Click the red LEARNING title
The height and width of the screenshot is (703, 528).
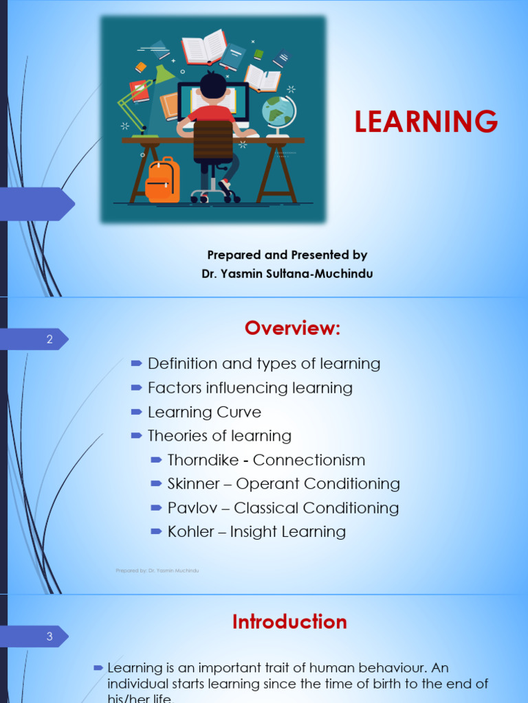pos(426,122)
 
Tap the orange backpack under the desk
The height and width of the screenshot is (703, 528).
pos(163,180)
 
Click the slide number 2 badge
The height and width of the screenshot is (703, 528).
pos(49,339)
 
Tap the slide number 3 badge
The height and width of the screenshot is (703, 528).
pos(49,636)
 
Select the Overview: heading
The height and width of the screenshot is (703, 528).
pos(292,329)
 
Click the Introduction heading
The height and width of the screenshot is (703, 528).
pos(289,622)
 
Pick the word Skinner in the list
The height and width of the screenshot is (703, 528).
pos(192,484)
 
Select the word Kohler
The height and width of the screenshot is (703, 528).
pos(190,532)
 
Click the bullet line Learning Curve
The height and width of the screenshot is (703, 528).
pos(204,413)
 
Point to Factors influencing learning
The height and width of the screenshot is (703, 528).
pos(250,389)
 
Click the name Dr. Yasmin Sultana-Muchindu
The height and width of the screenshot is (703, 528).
pos(287,274)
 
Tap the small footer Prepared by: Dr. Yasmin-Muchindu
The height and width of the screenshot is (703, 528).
pos(157,571)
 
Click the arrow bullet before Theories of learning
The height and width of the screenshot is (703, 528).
pos(136,436)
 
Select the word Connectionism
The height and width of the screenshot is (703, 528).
pos(309,460)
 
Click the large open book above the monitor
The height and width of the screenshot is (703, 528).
pos(203,47)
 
